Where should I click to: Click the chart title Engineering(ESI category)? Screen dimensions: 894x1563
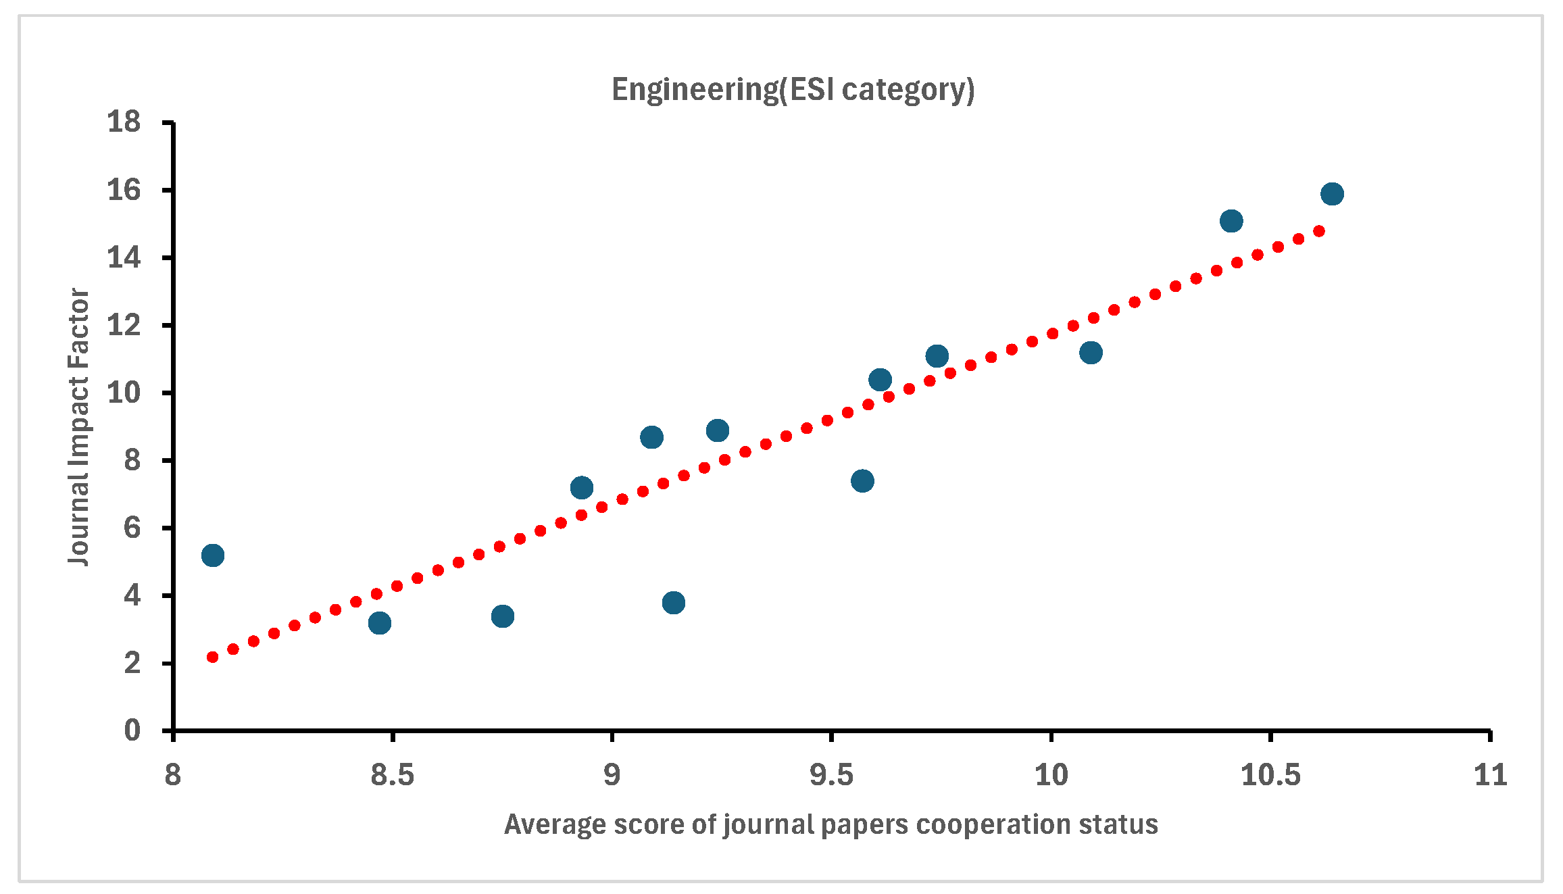click(793, 90)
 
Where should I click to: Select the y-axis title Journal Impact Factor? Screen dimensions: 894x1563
click(79, 427)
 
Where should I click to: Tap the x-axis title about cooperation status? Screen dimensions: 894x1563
click(830, 825)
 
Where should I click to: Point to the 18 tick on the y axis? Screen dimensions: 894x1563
click(124, 122)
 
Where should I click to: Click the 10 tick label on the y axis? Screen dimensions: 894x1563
click(124, 393)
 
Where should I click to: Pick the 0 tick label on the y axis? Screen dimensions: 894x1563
click(132, 730)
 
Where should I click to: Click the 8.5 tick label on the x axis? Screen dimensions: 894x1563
click(392, 775)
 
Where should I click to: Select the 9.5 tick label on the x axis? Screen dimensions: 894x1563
click(831, 775)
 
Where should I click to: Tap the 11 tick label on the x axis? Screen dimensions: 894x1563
click(1490, 775)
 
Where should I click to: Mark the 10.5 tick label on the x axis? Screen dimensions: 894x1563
click(1270, 775)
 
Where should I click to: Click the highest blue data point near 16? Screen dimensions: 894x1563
click(1332, 194)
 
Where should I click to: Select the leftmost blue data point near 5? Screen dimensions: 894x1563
click(212, 555)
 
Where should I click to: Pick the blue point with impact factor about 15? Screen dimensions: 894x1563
click(1231, 221)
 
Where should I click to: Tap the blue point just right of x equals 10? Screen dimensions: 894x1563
click(1091, 353)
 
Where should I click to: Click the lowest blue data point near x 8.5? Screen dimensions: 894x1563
click(380, 622)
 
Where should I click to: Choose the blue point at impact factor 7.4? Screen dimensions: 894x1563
click(862, 481)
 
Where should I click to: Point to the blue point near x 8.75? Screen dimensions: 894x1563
click(502, 616)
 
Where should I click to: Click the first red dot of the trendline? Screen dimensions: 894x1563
click(212, 657)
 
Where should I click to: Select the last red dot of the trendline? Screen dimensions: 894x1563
click(1318, 231)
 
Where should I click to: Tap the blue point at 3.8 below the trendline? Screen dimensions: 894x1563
click(673, 602)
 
